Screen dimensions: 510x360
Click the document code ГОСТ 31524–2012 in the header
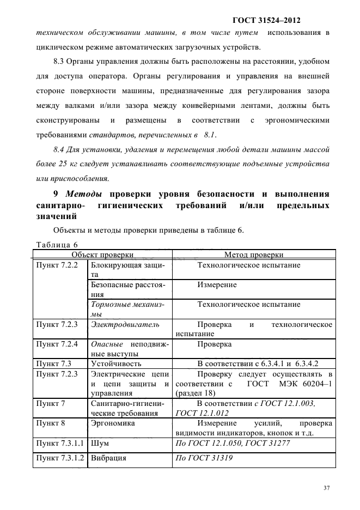pos(267,21)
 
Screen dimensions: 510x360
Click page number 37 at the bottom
pos(326,488)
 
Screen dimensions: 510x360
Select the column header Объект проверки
pos(102,254)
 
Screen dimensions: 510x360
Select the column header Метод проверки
pos(253,254)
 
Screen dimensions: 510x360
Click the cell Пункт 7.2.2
pos(57,265)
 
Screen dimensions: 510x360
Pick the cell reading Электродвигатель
pos(125,324)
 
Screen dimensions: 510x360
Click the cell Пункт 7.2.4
pos(57,344)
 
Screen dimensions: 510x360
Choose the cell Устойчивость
pos(116,363)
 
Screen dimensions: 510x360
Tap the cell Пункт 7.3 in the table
pos(53,363)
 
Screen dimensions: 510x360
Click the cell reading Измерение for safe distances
pos(217,284)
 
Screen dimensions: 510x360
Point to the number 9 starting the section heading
pos(56,193)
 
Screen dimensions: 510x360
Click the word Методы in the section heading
pos(84,193)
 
